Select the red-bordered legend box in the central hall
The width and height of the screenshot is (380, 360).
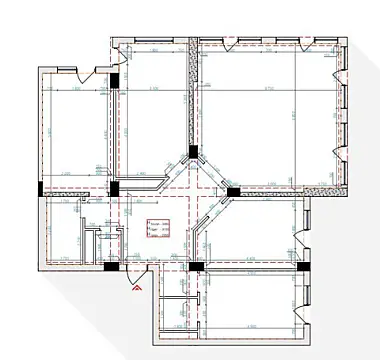coord(157,227)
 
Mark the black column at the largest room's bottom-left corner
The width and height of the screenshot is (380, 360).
coord(232,190)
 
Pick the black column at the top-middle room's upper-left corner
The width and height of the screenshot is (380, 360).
coord(116,81)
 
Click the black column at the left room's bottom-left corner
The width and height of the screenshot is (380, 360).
coord(39,188)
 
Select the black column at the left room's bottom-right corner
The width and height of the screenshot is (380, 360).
coord(115,187)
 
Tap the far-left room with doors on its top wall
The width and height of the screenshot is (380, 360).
coord(76,130)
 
